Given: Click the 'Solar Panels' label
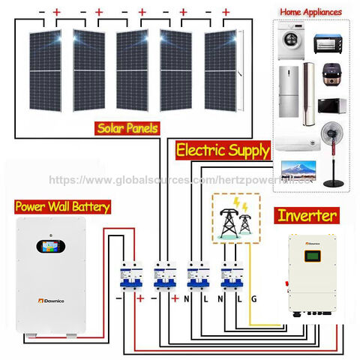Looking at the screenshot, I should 127,128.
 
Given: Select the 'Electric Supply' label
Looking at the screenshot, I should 222,150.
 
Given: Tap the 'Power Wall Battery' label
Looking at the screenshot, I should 63,206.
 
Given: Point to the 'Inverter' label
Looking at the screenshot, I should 307,216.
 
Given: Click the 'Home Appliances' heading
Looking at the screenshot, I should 310,12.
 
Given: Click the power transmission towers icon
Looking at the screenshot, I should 232,218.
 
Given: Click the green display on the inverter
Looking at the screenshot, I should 316,257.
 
